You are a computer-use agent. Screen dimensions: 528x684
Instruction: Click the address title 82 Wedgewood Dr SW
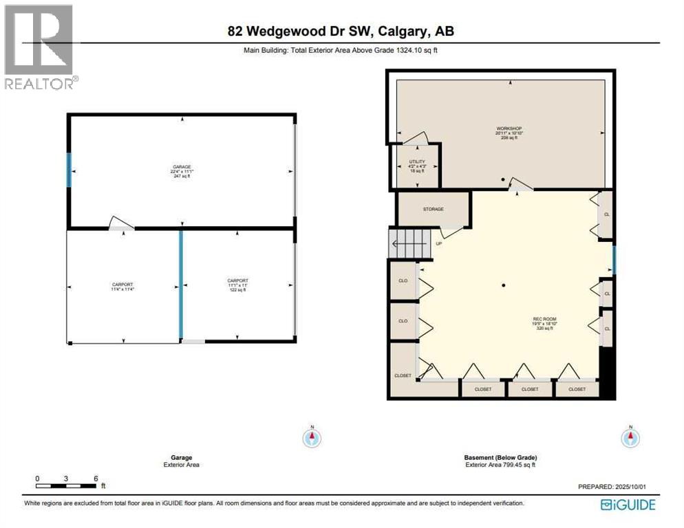click(341, 31)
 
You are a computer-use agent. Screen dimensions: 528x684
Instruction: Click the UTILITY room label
click(418, 162)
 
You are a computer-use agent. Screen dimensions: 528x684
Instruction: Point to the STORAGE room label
click(434, 209)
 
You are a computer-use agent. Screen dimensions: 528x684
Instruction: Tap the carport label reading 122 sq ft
click(238, 285)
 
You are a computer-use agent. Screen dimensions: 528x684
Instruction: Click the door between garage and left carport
click(122, 223)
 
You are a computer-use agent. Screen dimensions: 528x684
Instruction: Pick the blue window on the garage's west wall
click(69, 169)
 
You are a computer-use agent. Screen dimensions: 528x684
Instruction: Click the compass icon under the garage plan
click(312, 437)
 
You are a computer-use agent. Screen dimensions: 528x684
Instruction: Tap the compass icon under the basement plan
click(630, 437)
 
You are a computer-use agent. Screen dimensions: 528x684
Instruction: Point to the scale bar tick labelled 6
click(96, 478)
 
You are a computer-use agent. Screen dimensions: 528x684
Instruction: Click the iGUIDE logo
click(628, 505)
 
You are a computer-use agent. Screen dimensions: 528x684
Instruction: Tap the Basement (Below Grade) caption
click(500, 457)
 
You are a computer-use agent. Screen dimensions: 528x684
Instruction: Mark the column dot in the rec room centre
click(504, 285)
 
